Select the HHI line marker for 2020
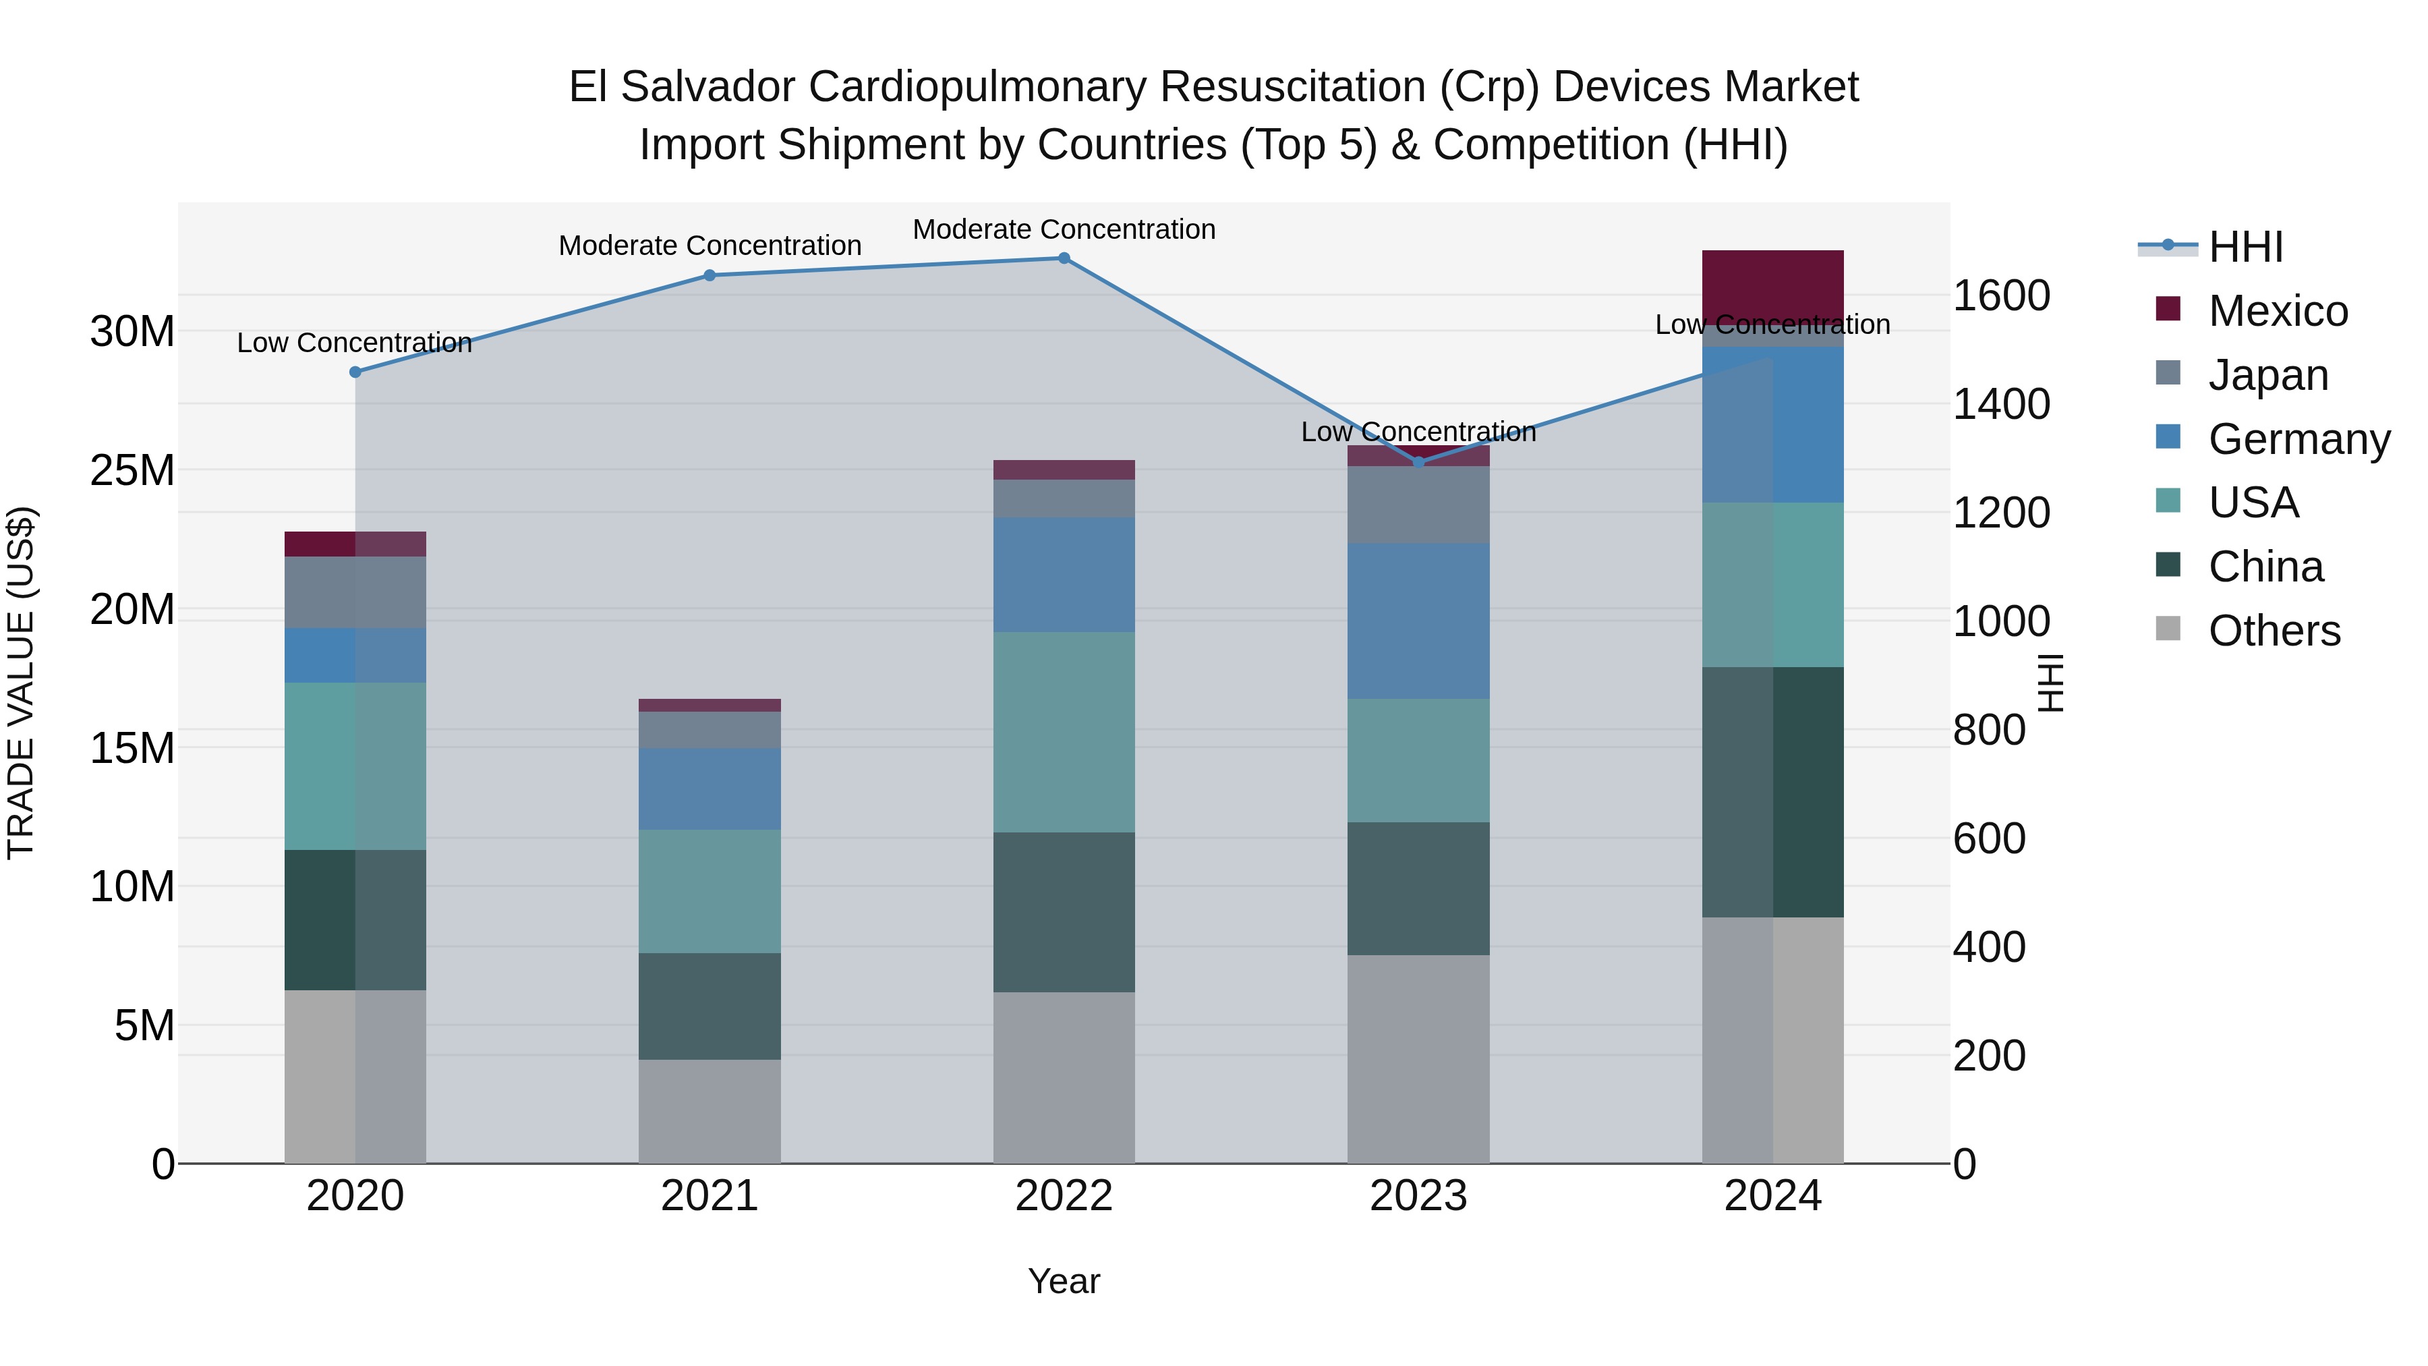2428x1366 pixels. point(355,372)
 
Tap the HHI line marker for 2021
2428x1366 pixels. point(710,275)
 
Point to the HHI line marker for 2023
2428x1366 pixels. point(1418,462)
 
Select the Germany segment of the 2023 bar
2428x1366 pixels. point(1418,621)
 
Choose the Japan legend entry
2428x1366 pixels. point(2267,375)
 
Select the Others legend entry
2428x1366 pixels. point(2274,631)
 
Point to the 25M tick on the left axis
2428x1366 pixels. point(132,470)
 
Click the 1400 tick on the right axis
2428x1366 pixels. point(2001,405)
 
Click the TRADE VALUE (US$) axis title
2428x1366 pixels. point(21,683)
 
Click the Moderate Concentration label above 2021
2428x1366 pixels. point(710,245)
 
